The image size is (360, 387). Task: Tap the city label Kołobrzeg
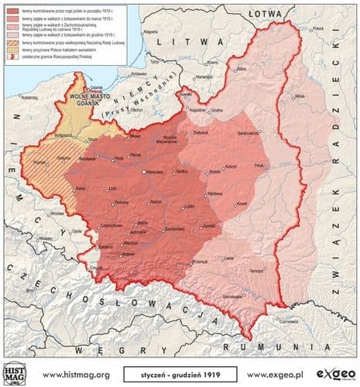tap(30, 98)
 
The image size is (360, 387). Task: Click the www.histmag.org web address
tap(76, 374)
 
